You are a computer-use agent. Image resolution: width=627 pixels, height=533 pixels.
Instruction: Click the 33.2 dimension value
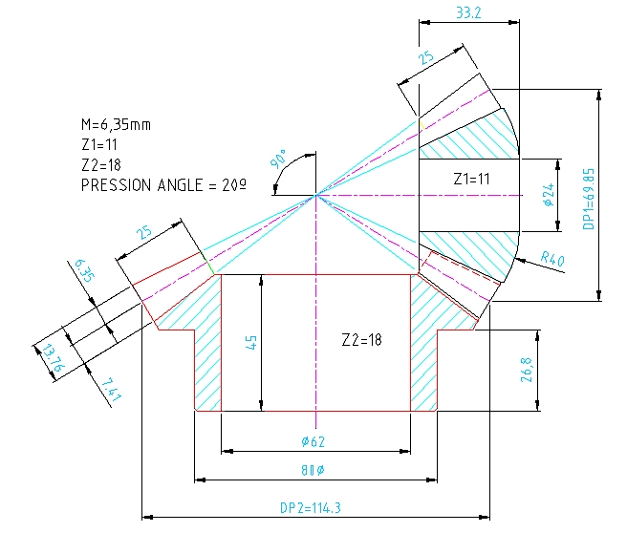click(x=468, y=13)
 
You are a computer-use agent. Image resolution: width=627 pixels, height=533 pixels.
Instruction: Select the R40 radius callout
click(x=552, y=257)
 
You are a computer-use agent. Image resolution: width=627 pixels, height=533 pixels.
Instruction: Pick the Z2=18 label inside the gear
click(x=362, y=339)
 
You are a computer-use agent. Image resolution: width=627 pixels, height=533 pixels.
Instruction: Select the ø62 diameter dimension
click(x=315, y=442)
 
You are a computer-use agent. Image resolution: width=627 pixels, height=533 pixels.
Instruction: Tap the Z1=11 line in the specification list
click(x=103, y=144)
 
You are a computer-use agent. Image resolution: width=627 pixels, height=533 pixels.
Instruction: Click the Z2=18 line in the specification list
click(x=103, y=164)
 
